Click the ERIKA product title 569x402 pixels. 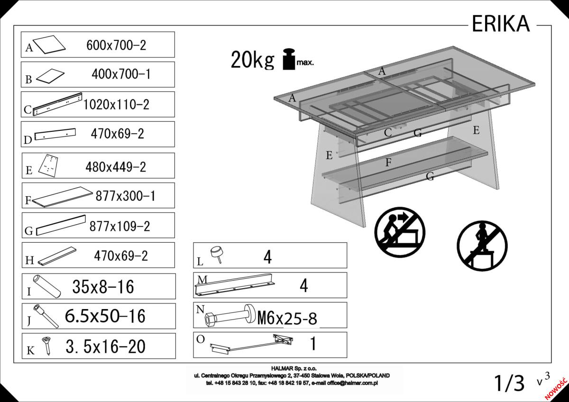pyautogui.click(x=501, y=24)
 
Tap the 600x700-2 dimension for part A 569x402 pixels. pyautogui.click(x=116, y=46)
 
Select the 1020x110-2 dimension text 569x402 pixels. pyautogui.click(x=116, y=104)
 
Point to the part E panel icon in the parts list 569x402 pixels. pyautogui.click(x=48, y=165)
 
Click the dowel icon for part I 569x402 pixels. pyautogui.click(x=47, y=286)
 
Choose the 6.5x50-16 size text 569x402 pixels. pyautogui.click(x=105, y=316)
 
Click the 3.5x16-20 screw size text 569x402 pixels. pyautogui.click(x=106, y=347)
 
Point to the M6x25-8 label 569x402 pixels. pyautogui.click(x=287, y=319)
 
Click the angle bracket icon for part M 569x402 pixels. pyautogui.click(x=235, y=285)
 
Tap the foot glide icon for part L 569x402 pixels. pyautogui.click(x=216, y=255)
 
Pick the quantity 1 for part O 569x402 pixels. pyautogui.click(x=313, y=344)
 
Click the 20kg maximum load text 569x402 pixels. pyautogui.click(x=252, y=60)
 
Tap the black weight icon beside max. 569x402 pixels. pyautogui.click(x=289, y=59)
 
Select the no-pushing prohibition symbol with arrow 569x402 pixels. pyautogui.click(x=400, y=232)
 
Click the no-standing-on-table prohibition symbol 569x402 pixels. pyautogui.click(x=482, y=246)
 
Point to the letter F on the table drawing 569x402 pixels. pyautogui.click(x=388, y=163)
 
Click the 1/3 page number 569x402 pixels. pyautogui.click(x=509, y=383)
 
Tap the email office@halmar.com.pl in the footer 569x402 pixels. pyautogui.click(x=352, y=383)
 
